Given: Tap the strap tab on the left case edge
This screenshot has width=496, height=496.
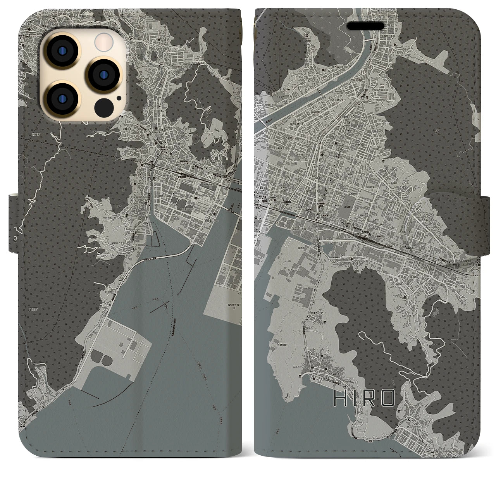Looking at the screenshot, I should pos(13,217).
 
